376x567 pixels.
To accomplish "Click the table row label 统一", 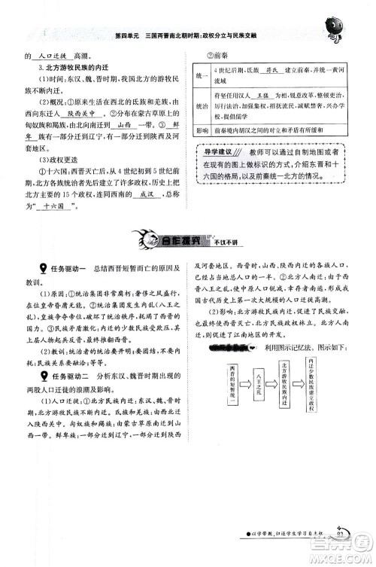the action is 201,77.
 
